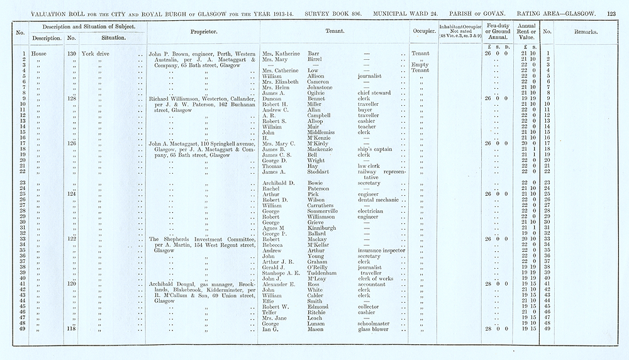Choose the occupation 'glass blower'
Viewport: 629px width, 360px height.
376,329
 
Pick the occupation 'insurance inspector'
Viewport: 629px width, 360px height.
382,250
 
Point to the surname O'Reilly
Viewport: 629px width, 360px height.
322,267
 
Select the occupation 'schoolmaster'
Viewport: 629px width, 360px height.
376,323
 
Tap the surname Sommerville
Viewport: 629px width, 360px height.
327,211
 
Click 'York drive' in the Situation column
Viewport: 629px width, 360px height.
99,54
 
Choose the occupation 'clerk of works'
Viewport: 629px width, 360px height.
377,278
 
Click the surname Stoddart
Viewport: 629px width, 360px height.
322,172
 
